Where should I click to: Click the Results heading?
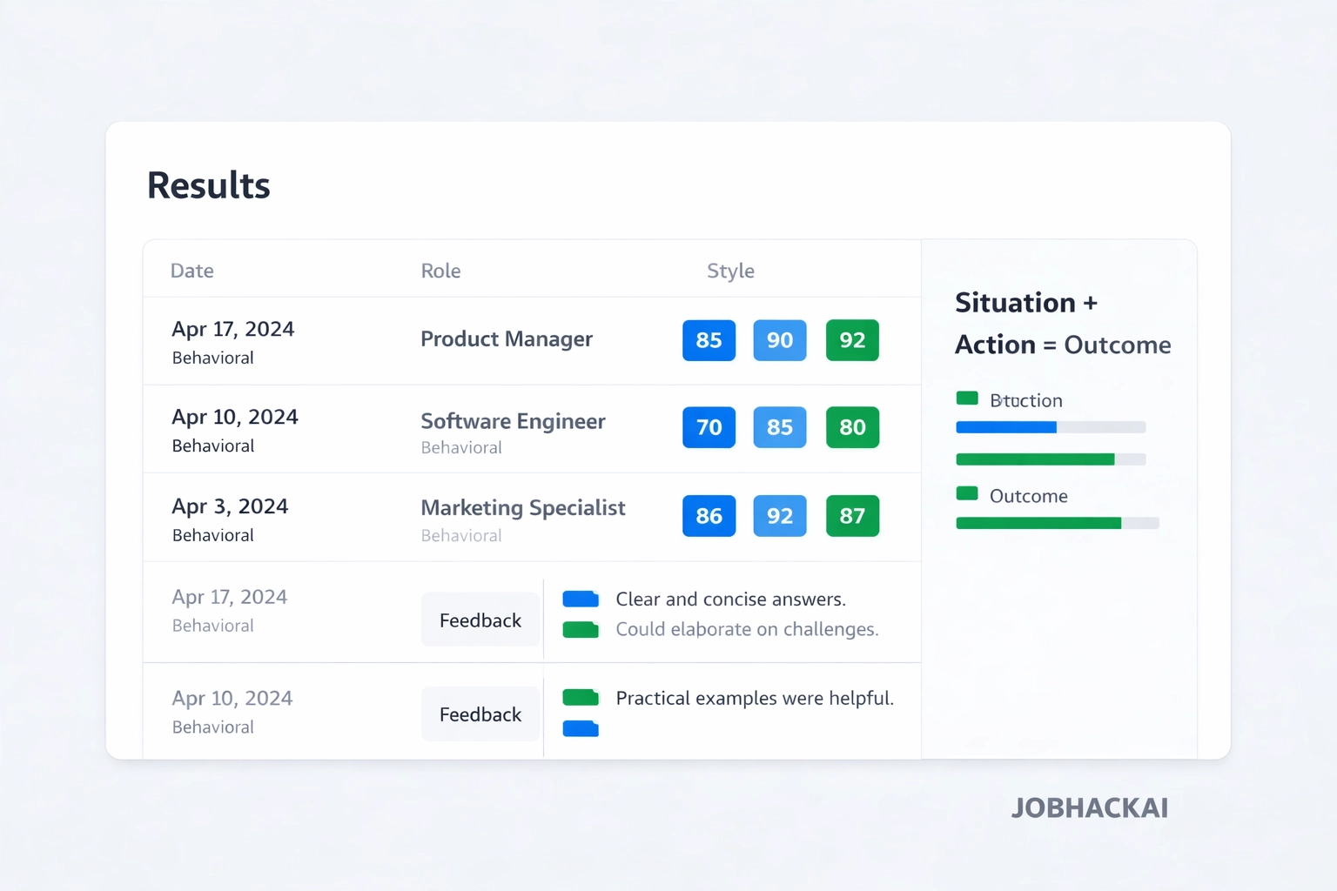(208, 185)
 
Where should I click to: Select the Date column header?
(191, 271)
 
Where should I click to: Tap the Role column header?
(440, 271)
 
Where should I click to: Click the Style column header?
(730, 271)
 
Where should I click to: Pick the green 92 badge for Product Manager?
(851, 340)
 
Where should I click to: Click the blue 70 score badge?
(709, 427)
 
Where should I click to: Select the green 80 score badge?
(851, 427)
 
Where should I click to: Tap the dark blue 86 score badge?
(709, 516)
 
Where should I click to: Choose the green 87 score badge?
(851, 516)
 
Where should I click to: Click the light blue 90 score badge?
(779, 340)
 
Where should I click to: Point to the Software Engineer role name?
(513, 421)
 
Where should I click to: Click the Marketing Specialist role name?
(522, 507)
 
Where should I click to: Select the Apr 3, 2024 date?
(230, 506)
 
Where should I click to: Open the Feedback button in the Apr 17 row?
(480, 620)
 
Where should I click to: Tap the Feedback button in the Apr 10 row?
(480, 714)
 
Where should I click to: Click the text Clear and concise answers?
(730, 599)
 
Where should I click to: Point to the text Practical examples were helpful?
(754, 698)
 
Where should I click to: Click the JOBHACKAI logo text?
(1089, 807)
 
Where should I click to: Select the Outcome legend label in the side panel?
(1028, 496)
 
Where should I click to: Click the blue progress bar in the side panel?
(1006, 427)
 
